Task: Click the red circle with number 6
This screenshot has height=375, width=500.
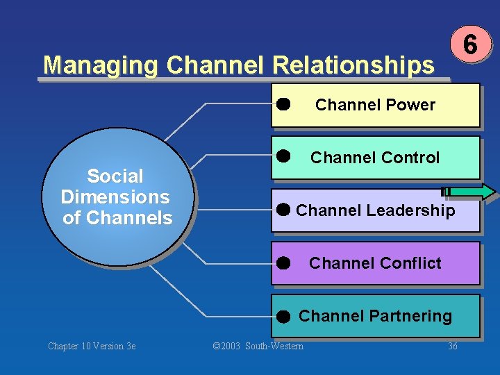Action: (x=470, y=45)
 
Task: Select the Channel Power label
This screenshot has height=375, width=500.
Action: (x=375, y=105)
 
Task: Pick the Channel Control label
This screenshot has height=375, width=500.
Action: (x=375, y=158)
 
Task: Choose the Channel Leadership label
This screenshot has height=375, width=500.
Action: (x=375, y=210)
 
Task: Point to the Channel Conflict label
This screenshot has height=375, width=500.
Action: (x=375, y=263)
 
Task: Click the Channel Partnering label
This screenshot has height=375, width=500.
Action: (x=375, y=316)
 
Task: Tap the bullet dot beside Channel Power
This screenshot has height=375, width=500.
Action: (x=283, y=104)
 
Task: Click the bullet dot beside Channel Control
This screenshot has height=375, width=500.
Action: (x=283, y=155)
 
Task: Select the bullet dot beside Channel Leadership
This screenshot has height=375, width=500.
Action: (x=283, y=209)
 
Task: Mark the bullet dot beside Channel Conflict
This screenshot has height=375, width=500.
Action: (x=282, y=263)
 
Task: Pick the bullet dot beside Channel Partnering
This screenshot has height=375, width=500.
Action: (x=282, y=317)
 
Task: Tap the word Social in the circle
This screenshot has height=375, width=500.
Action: (x=115, y=176)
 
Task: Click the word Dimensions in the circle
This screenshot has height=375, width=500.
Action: (x=115, y=197)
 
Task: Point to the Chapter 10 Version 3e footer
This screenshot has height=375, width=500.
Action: (x=92, y=346)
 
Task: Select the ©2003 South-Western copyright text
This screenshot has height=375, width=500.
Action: (x=258, y=346)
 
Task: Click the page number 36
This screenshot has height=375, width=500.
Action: (x=453, y=346)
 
